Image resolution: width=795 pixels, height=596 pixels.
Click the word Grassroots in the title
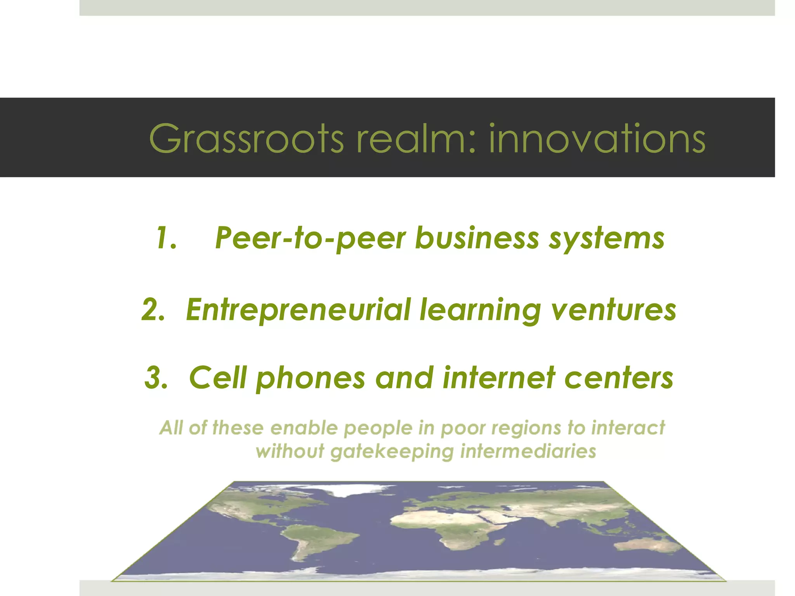tap(246, 138)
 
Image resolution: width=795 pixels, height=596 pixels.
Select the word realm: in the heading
tap(416, 138)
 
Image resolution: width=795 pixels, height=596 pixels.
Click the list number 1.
tap(167, 238)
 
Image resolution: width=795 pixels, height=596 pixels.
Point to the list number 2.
tap(153, 310)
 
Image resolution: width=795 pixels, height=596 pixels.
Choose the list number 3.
tap(156, 378)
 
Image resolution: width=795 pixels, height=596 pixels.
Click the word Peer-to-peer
tap(310, 238)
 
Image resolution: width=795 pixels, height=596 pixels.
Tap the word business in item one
tap(477, 238)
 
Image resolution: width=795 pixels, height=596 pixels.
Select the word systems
tap(606, 238)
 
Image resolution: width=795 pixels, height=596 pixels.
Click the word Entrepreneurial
tap(298, 310)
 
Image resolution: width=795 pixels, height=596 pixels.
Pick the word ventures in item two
tap(614, 310)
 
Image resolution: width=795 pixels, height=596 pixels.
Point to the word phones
tap(311, 378)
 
